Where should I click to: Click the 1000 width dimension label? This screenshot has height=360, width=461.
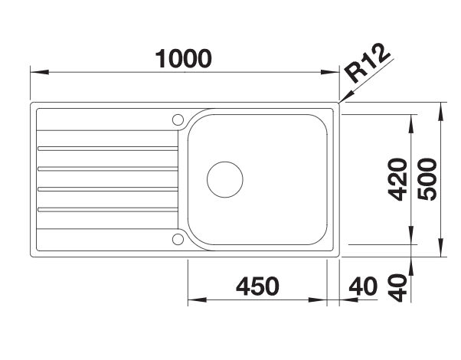183,59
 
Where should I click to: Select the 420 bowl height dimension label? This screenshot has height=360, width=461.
397,180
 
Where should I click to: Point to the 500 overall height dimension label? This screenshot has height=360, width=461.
427,179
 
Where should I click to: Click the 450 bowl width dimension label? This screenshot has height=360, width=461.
257,286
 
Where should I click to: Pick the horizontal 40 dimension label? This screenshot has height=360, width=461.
363,286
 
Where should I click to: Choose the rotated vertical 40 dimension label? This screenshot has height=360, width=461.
397,288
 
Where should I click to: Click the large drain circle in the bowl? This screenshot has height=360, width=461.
225,179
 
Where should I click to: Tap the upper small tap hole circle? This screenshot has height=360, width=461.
178,119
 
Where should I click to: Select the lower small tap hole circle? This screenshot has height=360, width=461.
178,239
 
